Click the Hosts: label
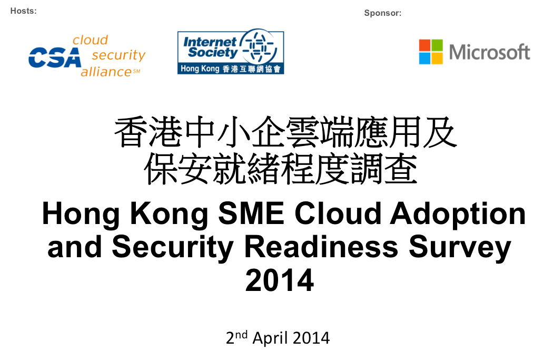[x=23, y=11]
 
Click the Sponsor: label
[x=383, y=13]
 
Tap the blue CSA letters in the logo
[x=55, y=57]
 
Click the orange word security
[x=118, y=55]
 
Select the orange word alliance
[x=106, y=72]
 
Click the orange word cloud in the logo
[x=90, y=40]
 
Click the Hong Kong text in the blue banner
[x=200, y=69]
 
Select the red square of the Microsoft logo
[x=424, y=45]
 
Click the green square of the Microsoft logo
[x=437, y=45]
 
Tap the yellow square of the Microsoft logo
[x=437, y=58]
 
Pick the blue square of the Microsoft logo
[x=424, y=58]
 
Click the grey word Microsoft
[x=489, y=52]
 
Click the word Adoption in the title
[x=458, y=215]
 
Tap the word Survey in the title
[x=460, y=248]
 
